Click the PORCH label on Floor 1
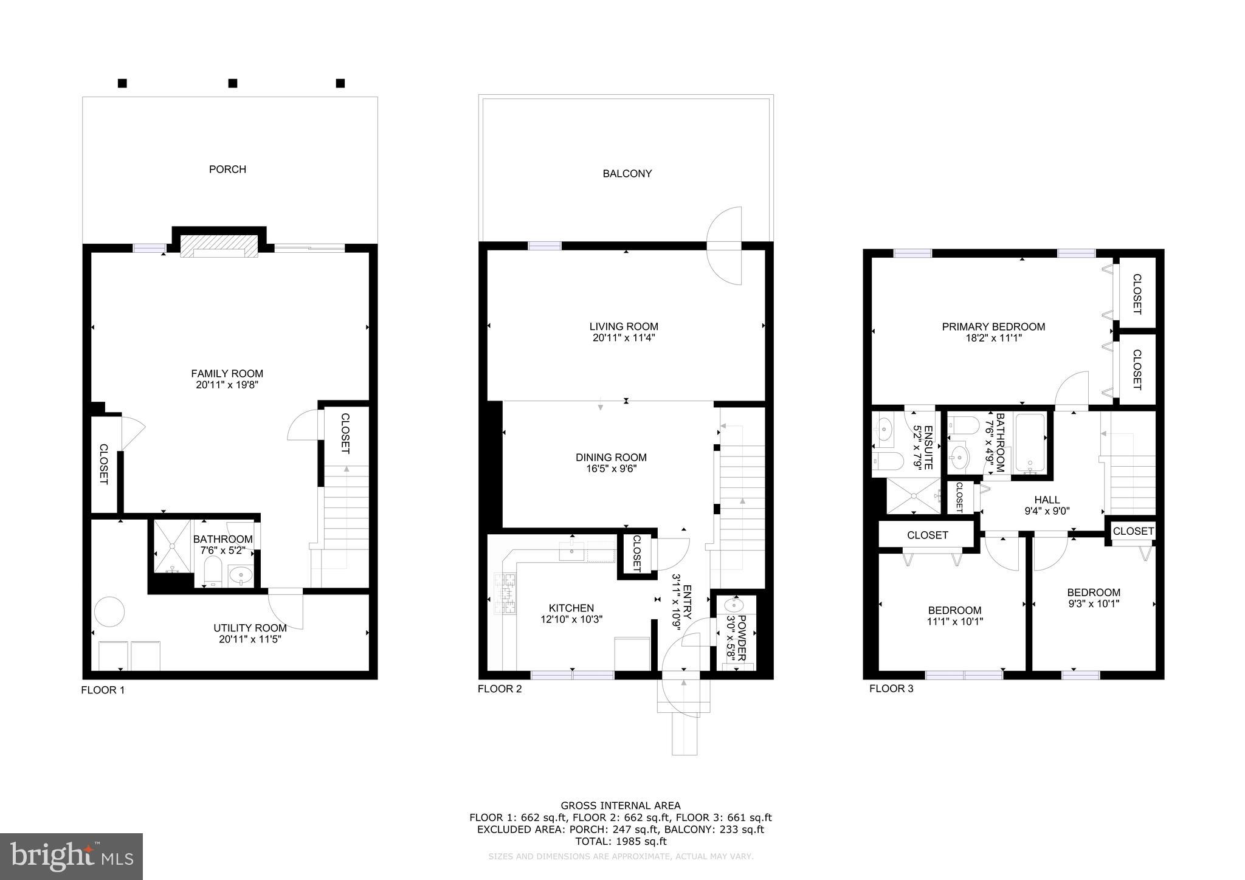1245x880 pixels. pyautogui.click(x=227, y=169)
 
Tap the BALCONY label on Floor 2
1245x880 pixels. pyautogui.click(x=627, y=174)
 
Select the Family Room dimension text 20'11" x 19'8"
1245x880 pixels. pyautogui.click(x=227, y=385)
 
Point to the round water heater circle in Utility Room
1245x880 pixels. pyautogui.click(x=109, y=611)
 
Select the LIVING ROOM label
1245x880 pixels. pyautogui.click(x=624, y=327)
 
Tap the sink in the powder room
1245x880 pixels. pyautogui.click(x=733, y=606)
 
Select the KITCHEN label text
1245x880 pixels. pyautogui.click(x=571, y=608)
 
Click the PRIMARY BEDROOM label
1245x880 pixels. pyautogui.click(x=993, y=327)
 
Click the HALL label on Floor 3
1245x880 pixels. pyautogui.click(x=1047, y=500)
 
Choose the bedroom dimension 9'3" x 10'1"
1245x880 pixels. pyautogui.click(x=1093, y=604)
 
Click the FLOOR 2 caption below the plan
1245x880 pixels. pyautogui.click(x=499, y=689)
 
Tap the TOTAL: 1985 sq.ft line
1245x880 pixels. pyautogui.click(x=621, y=842)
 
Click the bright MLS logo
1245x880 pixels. pyautogui.click(x=71, y=856)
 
